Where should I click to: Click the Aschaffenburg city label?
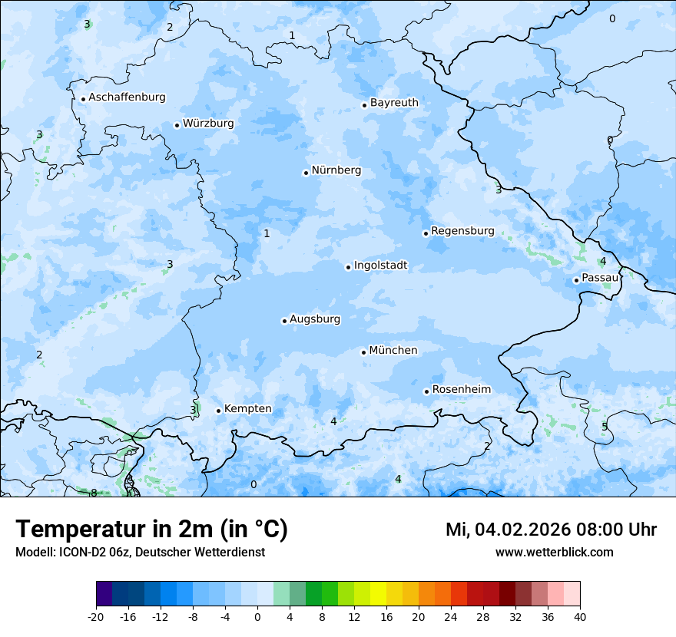(x=127, y=97)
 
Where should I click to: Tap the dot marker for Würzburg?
(x=177, y=125)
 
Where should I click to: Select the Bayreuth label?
(x=394, y=103)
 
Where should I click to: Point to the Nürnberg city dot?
(x=306, y=173)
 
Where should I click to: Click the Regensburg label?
(x=462, y=231)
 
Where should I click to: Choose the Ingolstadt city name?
(x=380, y=266)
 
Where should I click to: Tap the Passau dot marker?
(x=576, y=280)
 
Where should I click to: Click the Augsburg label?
(x=315, y=319)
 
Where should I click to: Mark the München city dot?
(x=363, y=352)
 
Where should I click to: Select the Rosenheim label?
(x=461, y=390)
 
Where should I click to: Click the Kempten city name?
(x=247, y=409)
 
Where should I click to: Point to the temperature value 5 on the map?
(x=605, y=427)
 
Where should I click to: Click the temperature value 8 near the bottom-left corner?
(x=94, y=493)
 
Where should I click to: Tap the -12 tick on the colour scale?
(x=160, y=617)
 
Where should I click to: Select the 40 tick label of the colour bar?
(x=579, y=617)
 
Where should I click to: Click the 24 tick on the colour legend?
(x=450, y=617)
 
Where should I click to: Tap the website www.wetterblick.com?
(x=554, y=553)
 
